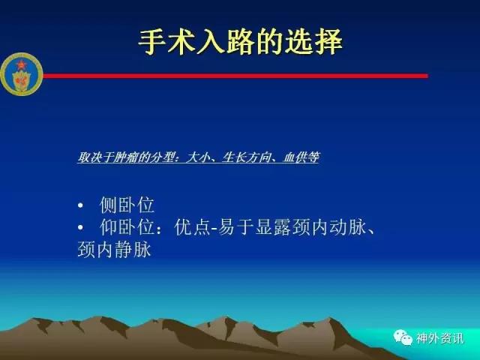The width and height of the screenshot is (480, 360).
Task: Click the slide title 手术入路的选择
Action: click(x=240, y=42)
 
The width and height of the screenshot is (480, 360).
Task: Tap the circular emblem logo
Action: click(x=22, y=74)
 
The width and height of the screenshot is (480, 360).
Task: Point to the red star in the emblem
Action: click(x=21, y=65)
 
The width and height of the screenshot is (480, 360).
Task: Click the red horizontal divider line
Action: click(x=235, y=76)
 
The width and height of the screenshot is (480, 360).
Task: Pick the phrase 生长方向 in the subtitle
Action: click(x=247, y=157)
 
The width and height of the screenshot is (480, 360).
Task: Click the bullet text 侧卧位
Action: click(x=127, y=205)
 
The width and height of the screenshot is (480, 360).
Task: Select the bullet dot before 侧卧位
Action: click(x=80, y=205)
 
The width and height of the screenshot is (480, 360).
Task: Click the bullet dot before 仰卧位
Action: click(x=80, y=227)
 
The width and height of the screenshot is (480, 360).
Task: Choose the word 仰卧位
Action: click(x=127, y=227)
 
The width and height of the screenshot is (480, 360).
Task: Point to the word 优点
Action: click(x=192, y=227)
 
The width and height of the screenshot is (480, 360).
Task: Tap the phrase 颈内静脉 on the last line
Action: click(x=115, y=250)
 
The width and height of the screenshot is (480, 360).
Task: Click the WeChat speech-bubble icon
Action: click(x=403, y=337)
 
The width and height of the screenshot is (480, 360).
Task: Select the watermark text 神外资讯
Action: click(x=439, y=338)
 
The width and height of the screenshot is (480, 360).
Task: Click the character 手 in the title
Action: click(x=152, y=42)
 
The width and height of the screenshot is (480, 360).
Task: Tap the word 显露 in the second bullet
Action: click(x=273, y=227)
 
